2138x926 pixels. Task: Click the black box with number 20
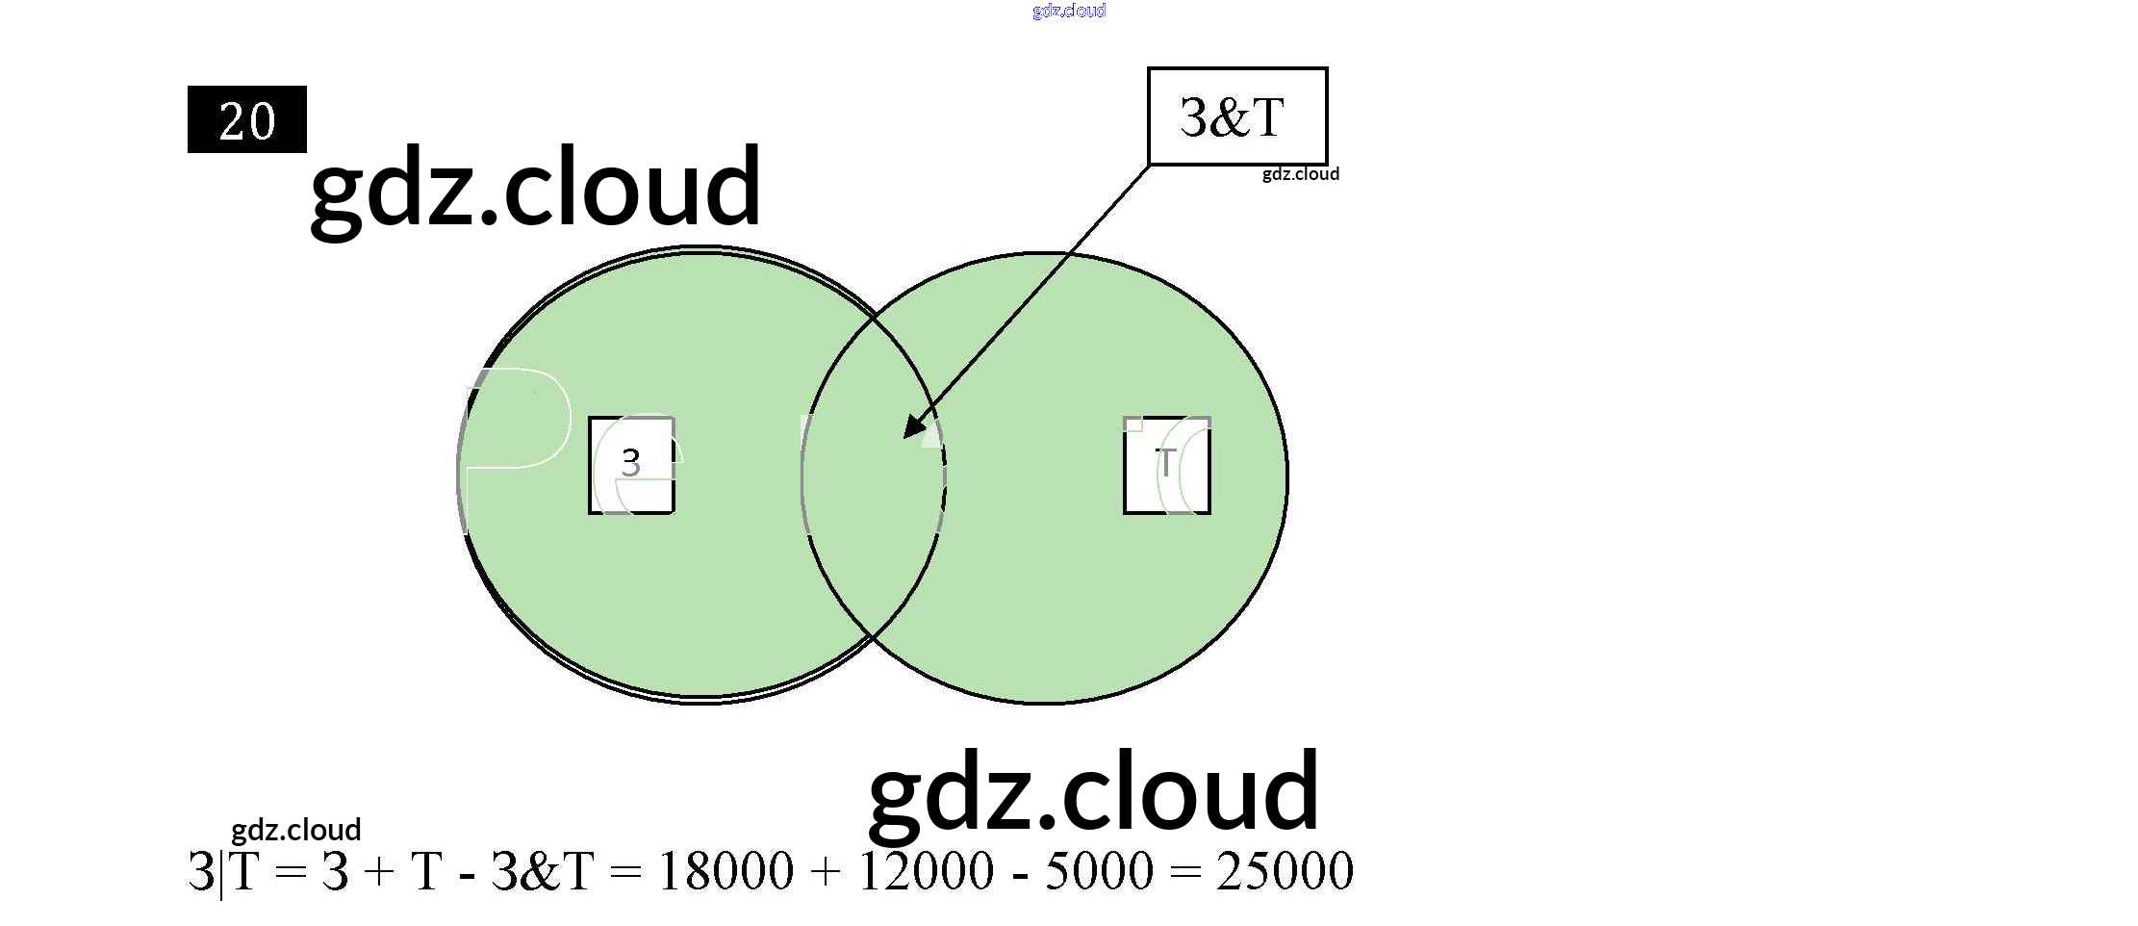point(246,119)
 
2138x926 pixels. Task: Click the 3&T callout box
point(1236,116)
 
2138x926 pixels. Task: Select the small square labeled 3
point(631,465)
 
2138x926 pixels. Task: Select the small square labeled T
point(1166,465)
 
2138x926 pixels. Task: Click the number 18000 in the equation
point(725,871)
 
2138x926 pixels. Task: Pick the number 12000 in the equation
point(926,871)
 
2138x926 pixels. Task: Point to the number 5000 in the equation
point(1099,871)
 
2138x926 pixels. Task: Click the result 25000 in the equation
point(1285,871)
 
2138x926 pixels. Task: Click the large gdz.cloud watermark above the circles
point(536,187)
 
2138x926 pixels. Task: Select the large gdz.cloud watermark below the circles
point(1094,792)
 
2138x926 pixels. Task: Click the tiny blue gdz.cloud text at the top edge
point(1069,11)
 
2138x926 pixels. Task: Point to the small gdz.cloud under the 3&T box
point(1300,174)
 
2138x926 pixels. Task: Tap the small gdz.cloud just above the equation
point(295,830)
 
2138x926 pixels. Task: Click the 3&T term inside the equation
point(542,871)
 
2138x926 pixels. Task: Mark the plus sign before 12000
point(826,872)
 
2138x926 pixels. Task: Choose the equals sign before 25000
point(1185,872)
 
